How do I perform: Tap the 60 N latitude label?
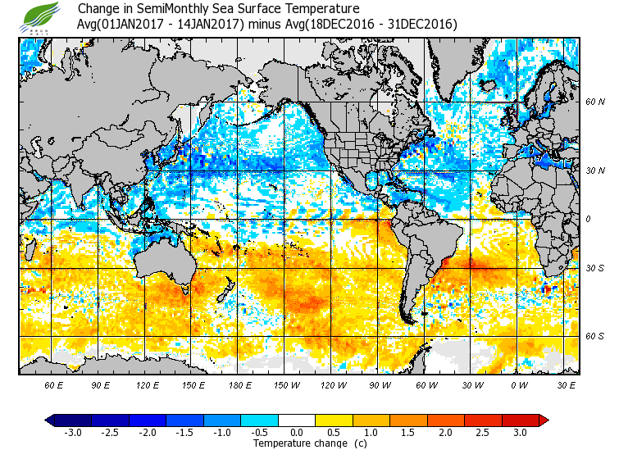pyautogui.click(x=594, y=102)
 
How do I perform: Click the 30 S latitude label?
pyautogui.click(x=594, y=268)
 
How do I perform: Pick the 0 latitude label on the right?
pyautogui.click(x=588, y=219)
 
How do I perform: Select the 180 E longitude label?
pyautogui.click(x=239, y=384)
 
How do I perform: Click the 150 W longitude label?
pyautogui.click(x=285, y=384)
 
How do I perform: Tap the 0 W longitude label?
pyautogui.click(x=517, y=384)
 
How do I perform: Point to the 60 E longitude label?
pyautogui.click(x=53, y=384)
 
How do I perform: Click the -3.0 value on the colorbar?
pyautogui.click(x=73, y=431)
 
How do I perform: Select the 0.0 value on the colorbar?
pyautogui.click(x=298, y=431)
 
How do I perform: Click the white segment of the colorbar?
pyautogui.click(x=298, y=420)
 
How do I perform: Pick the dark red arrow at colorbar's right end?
pyautogui.click(x=543, y=420)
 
